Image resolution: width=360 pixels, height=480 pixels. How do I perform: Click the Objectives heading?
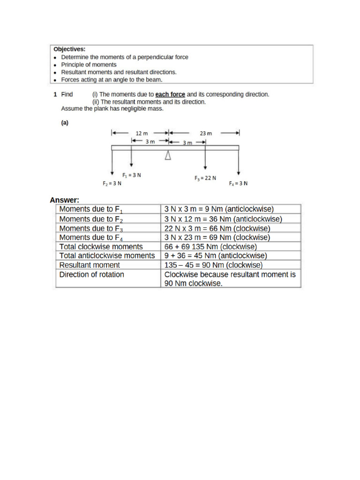point(69,49)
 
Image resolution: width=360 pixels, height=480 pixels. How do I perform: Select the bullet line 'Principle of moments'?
point(89,65)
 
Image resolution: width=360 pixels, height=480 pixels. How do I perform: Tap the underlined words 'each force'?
point(170,94)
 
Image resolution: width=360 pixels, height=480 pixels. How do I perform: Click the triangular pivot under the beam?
point(168,156)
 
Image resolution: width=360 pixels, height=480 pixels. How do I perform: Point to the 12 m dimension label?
point(142,133)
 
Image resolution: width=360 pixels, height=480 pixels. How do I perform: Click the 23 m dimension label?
point(206,133)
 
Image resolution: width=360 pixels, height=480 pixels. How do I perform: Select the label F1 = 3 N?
point(132,175)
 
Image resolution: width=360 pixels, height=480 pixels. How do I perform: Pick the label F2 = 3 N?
point(112,184)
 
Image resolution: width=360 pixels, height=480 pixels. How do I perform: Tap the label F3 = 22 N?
point(205,178)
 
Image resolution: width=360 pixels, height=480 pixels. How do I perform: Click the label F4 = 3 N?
point(238,184)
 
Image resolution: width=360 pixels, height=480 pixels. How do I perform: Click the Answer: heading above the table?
point(65,200)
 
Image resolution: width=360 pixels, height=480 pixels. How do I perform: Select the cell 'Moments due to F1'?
point(91,210)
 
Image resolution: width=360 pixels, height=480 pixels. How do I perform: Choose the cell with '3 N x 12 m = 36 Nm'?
point(223,219)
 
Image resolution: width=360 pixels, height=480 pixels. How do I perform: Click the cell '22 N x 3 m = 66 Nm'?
point(217,228)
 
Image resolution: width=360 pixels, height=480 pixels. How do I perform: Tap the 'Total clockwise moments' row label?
point(101,247)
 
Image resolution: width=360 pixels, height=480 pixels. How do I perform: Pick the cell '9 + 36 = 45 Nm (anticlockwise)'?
point(216,255)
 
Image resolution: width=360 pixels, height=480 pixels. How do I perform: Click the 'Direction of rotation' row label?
point(92,274)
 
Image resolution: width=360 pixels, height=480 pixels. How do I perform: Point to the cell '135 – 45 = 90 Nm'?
point(214,265)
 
